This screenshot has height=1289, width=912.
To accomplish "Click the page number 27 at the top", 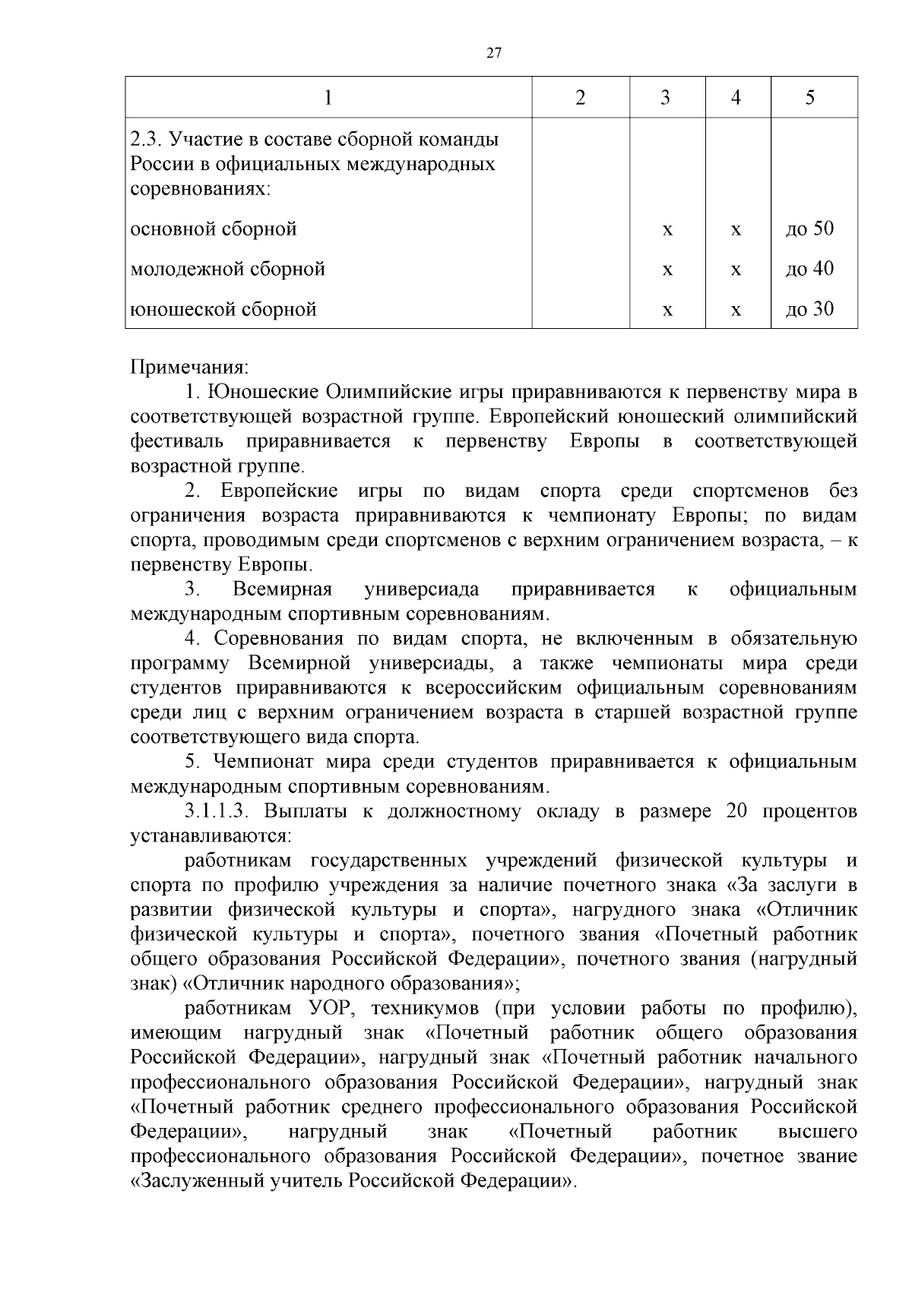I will click(493, 53).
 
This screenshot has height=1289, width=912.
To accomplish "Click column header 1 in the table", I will click(328, 97).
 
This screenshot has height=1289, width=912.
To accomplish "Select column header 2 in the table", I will click(580, 97).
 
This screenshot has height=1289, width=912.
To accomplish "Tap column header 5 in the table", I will click(809, 97).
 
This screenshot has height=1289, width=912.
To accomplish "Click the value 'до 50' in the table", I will click(809, 229).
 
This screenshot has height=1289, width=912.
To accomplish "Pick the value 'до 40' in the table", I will click(809, 269).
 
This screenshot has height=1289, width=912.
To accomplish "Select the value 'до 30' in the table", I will click(809, 309).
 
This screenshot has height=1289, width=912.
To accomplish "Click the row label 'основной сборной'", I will click(214, 229).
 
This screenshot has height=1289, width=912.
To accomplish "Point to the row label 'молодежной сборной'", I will click(228, 269).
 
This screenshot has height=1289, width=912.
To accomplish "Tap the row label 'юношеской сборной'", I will click(223, 309).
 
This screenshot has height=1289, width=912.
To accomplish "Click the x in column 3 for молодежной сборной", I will click(667, 270).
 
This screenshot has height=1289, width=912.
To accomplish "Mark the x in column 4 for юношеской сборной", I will click(736, 310).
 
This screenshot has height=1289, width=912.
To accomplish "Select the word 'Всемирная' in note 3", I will click(283, 589).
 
